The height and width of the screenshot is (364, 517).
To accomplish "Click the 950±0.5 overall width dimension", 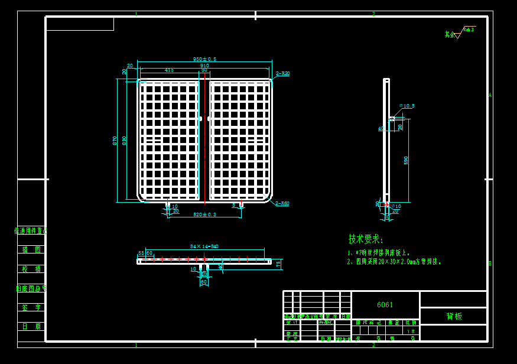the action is [x=204, y=59].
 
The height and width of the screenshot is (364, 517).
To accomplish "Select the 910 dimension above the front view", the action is [x=204, y=66].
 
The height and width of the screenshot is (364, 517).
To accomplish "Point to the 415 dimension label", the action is [x=169, y=70].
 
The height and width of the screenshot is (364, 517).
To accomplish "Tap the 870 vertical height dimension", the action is [x=115, y=140].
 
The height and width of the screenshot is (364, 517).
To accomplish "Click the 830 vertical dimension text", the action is [x=124, y=140].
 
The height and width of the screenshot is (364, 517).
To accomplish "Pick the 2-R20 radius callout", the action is [x=283, y=74].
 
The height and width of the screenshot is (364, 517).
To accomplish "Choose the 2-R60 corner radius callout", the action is [x=282, y=203].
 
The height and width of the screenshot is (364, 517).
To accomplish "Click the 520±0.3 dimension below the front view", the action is [x=204, y=214].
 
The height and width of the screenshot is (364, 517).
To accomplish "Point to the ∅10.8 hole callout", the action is [x=407, y=106].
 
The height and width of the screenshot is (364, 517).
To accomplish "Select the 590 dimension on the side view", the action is [x=406, y=160].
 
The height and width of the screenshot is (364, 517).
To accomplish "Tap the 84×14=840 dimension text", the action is [x=204, y=246].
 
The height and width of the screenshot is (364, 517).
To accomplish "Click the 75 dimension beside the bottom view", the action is [x=278, y=264].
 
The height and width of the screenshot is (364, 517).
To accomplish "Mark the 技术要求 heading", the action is [x=365, y=239].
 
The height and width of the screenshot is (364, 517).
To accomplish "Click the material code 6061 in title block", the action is [x=385, y=305].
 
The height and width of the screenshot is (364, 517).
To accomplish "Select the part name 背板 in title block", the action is [x=454, y=316].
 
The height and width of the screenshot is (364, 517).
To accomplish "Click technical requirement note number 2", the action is [x=394, y=261].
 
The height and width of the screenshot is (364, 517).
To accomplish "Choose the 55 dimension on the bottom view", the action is [x=141, y=253].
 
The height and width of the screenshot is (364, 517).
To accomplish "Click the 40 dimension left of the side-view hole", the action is [x=381, y=128].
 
